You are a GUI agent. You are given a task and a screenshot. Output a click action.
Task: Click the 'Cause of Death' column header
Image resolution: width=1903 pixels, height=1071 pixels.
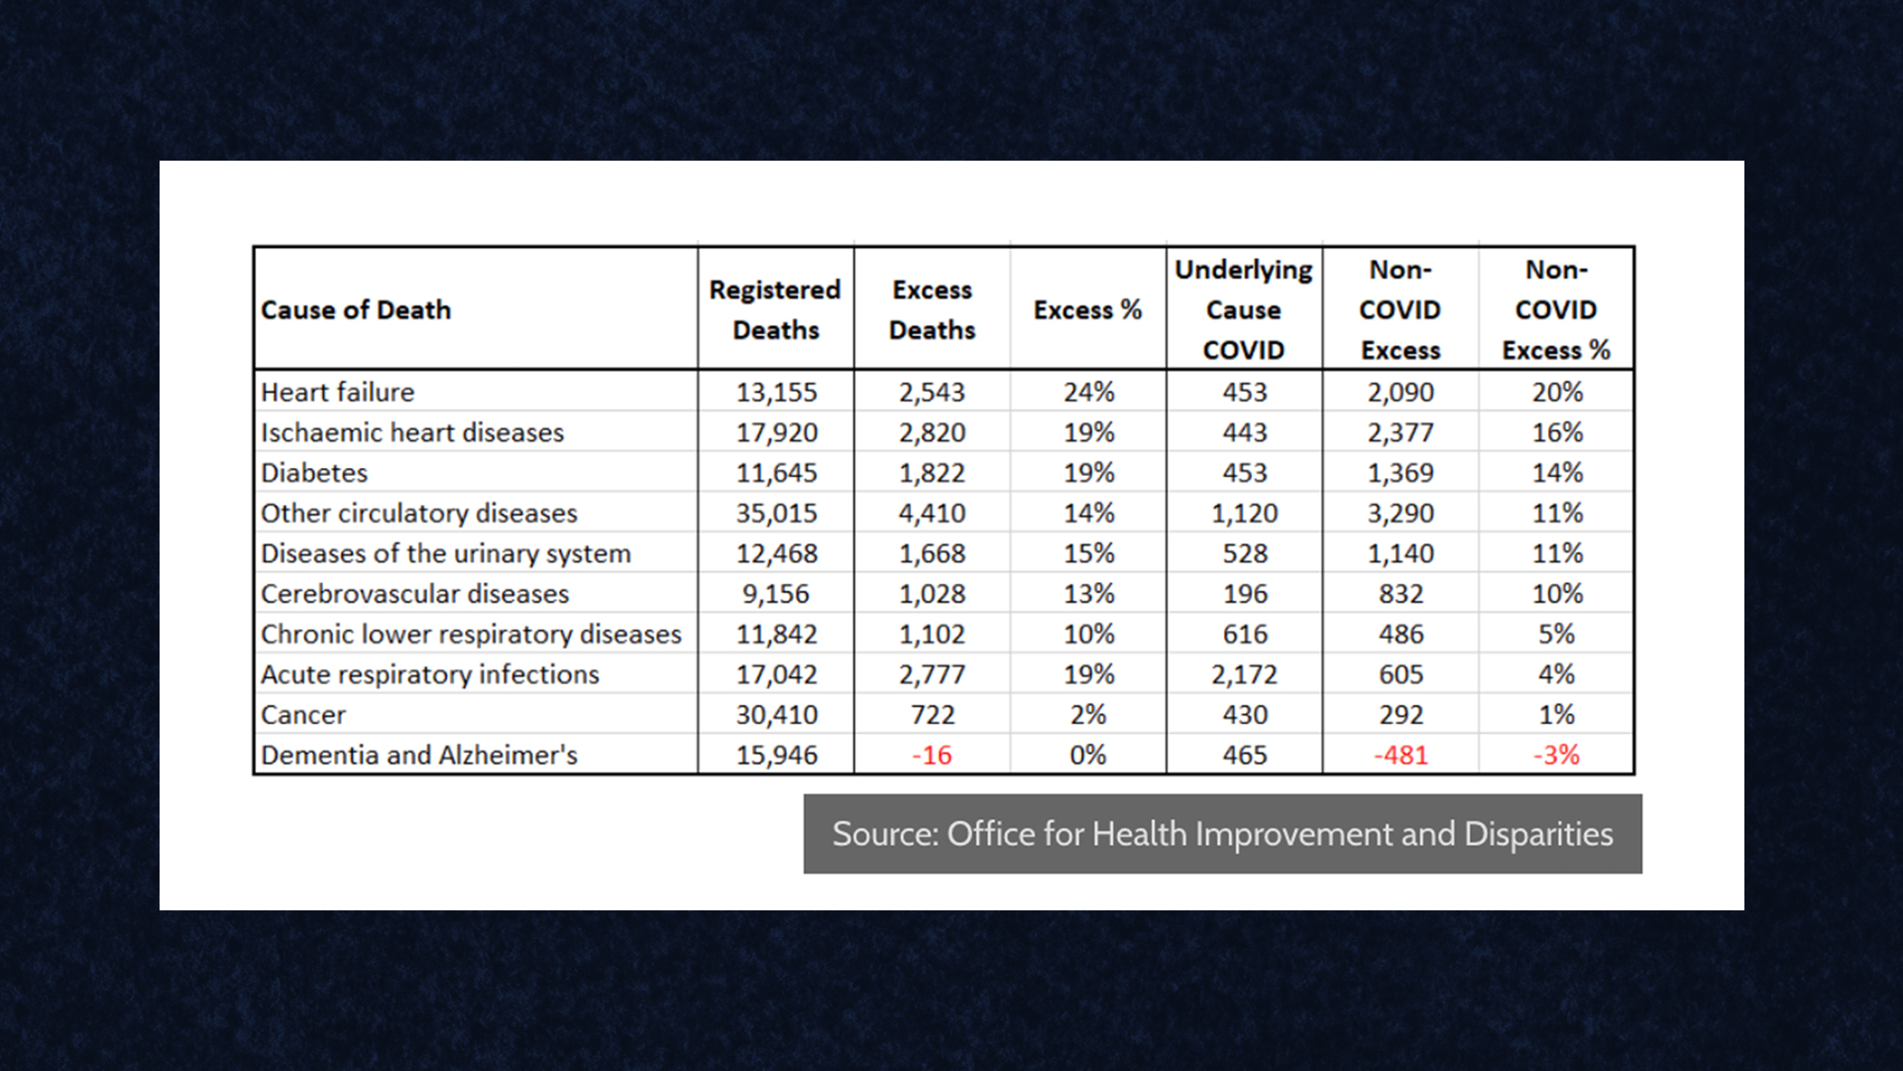pos(356,310)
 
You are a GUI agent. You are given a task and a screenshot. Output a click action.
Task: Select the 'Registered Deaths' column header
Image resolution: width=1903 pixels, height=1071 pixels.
pos(775,309)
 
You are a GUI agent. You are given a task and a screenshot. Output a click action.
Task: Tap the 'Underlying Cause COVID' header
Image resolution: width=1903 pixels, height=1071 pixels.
pos(1243,309)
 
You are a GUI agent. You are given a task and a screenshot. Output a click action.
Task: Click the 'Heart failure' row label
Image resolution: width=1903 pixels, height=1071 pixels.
pos(337,392)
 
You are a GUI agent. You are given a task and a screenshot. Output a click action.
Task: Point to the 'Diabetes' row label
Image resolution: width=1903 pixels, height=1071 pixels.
pos(314,473)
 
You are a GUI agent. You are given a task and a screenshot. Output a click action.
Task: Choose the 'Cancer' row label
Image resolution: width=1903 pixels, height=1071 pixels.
pos(303,715)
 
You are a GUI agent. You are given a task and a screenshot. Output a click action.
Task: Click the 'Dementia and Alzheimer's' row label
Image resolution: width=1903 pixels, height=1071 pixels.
pos(418,755)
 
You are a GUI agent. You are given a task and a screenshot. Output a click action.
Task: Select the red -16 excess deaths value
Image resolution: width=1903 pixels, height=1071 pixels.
pos(932,755)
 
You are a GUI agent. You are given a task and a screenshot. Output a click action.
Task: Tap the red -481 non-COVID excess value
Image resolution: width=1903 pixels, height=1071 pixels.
pos(1399,755)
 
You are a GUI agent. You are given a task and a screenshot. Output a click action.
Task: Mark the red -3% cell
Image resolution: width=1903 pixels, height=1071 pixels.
pos(1556,755)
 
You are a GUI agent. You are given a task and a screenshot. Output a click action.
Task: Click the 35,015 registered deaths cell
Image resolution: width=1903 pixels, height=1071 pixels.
pos(776,513)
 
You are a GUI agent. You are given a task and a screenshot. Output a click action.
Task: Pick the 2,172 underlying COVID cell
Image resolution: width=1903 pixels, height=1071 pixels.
pos(1244,674)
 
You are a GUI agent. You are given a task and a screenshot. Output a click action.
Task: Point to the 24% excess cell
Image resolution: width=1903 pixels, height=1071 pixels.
pos(1088,392)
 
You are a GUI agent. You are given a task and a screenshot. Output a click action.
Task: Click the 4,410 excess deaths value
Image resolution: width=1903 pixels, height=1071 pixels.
pos(932,513)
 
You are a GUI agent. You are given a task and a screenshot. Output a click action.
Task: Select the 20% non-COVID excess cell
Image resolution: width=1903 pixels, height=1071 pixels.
pos(1556,392)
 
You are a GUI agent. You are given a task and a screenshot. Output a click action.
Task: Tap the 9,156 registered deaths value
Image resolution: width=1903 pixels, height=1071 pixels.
pos(776,594)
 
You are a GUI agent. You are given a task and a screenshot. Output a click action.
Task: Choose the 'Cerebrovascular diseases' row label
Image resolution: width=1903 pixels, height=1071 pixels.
pos(414,594)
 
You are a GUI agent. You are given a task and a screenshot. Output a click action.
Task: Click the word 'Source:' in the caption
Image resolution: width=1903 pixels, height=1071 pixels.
pos(884,834)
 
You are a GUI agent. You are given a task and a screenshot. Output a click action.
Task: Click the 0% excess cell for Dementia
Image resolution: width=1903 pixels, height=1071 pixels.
pos(1088,755)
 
